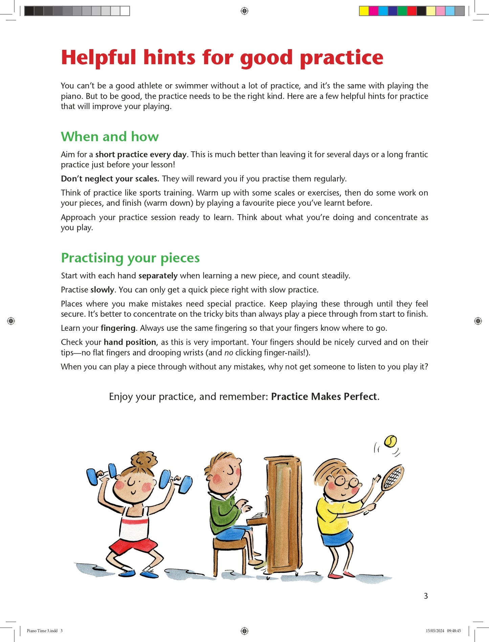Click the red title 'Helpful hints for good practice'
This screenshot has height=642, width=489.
click(222, 58)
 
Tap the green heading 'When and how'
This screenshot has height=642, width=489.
click(110, 136)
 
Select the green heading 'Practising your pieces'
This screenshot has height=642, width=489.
click(130, 258)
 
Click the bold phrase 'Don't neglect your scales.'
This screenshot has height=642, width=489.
click(110, 179)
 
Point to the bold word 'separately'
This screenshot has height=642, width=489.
click(158, 276)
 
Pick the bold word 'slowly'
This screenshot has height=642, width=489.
click(102, 290)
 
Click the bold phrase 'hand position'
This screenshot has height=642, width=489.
click(130, 342)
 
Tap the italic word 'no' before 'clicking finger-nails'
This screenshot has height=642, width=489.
click(229, 353)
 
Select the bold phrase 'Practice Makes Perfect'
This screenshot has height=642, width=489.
click(324, 397)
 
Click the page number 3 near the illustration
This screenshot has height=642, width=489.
click(426, 596)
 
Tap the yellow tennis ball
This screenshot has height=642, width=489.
click(391, 441)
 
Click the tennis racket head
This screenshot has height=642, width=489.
click(393, 477)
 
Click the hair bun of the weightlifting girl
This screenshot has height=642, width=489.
click(144, 460)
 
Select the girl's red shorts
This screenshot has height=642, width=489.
click(133, 544)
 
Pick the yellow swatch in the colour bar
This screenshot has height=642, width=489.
click(364, 11)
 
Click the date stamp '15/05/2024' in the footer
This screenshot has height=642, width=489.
click(435, 631)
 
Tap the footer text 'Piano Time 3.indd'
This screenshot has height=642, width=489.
click(42, 631)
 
